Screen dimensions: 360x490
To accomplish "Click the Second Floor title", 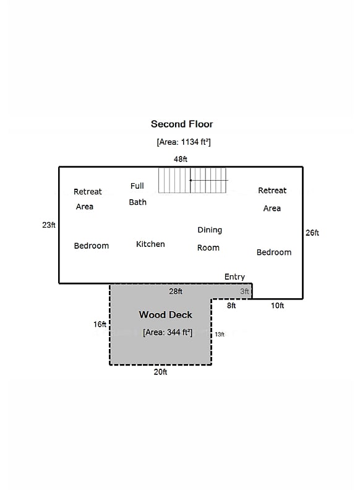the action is point(182,124).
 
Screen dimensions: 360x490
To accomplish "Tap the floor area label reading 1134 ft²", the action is point(184,142).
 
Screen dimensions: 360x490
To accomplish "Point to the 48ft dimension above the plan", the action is point(181,159).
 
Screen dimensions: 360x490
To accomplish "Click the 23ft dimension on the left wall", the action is point(49,225).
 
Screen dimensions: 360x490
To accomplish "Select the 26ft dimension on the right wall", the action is point(312,233).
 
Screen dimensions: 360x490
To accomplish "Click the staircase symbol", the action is point(193,180).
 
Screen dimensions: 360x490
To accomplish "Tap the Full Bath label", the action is point(137,194).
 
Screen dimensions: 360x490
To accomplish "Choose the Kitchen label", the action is point(150,244).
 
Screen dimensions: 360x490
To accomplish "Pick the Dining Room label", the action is point(209,239).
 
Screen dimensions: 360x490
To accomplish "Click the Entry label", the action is point(234,277).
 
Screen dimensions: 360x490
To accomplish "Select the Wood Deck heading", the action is point(166,315).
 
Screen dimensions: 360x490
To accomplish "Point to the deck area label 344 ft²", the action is point(168,332).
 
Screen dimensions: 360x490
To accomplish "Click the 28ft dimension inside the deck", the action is point(176,291).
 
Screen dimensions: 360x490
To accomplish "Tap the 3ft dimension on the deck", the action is point(244,291).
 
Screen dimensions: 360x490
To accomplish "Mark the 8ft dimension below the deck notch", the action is point(231,306).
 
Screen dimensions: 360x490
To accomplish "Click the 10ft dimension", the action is point(277,306).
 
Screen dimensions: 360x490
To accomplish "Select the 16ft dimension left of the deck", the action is point(100,324).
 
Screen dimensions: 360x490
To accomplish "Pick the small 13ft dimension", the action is point(220,334).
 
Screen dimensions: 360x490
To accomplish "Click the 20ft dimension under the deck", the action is point(160,372).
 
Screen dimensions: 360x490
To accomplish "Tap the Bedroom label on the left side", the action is point(92,246).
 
